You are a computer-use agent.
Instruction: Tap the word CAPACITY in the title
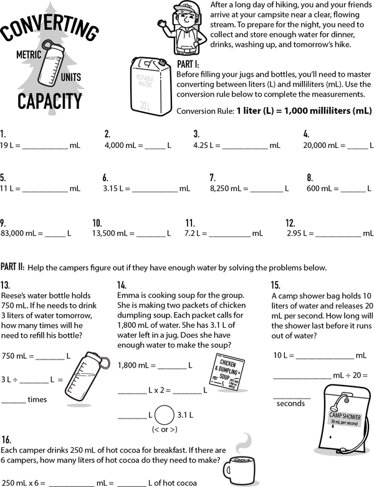49,100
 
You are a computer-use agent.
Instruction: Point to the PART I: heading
189,64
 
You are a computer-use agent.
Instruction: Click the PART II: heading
13,266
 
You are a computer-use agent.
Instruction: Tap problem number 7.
213,177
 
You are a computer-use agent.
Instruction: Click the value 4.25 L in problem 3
206,145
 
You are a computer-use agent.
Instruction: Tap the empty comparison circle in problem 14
165,414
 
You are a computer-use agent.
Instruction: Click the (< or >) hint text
165,430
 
